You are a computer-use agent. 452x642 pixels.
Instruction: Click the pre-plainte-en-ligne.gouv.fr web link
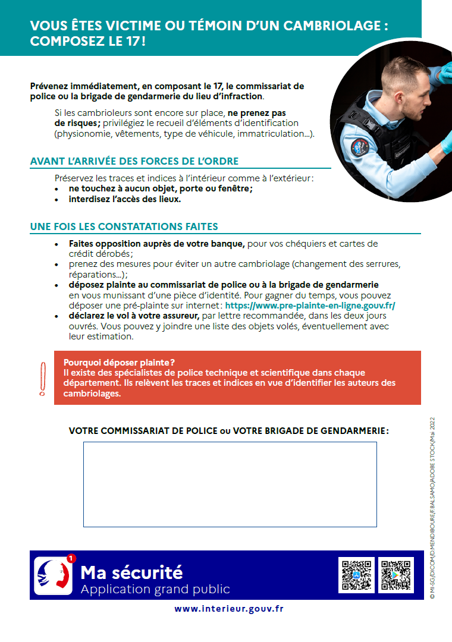click(x=310, y=306)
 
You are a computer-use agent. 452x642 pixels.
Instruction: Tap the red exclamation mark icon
click(x=42, y=379)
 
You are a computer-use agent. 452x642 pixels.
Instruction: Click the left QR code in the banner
click(x=356, y=575)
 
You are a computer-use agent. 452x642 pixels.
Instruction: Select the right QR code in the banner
click(x=395, y=575)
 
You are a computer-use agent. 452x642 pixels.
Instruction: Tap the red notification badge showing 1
click(x=71, y=558)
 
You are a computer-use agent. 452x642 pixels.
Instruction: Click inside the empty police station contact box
click(x=230, y=484)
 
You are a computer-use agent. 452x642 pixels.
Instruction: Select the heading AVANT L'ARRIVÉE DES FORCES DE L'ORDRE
click(x=134, y=162)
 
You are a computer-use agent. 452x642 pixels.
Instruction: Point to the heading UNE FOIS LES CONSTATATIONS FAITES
click(x=124, y=226)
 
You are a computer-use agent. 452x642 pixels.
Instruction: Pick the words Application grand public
click(x=155, y=589)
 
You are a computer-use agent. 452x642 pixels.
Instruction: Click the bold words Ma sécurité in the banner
click(x=131, y=572)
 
